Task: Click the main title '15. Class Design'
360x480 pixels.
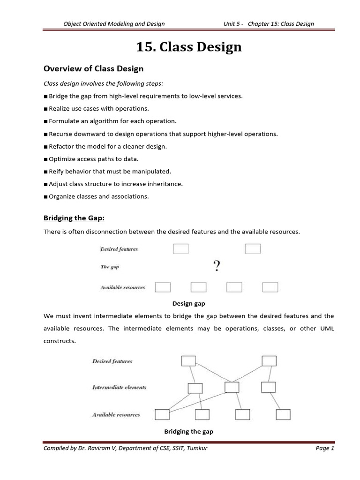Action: click(x=189, y=47)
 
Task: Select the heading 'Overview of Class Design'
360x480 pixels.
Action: click(x=93, y=69)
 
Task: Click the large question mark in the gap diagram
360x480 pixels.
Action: click(x=217, y=267)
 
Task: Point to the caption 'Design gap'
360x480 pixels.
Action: click(x=188, y=304)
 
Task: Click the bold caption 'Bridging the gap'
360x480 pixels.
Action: click(x=188, y=431)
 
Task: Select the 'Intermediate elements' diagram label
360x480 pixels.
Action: click(x=119, y=388)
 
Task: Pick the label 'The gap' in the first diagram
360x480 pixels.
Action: click(x=110, y=267)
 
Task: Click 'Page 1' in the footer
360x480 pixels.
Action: click(x=325, y=449)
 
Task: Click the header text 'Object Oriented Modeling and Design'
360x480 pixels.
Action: click(x=114, y=24)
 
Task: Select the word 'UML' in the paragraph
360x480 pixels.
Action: click(x=327, y=329)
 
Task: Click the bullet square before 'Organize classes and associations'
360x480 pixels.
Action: click(x=45, y=197)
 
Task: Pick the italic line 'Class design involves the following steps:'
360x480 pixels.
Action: click(x=103, y=83)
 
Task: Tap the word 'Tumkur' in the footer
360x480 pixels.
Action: click(x=197, y=449)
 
